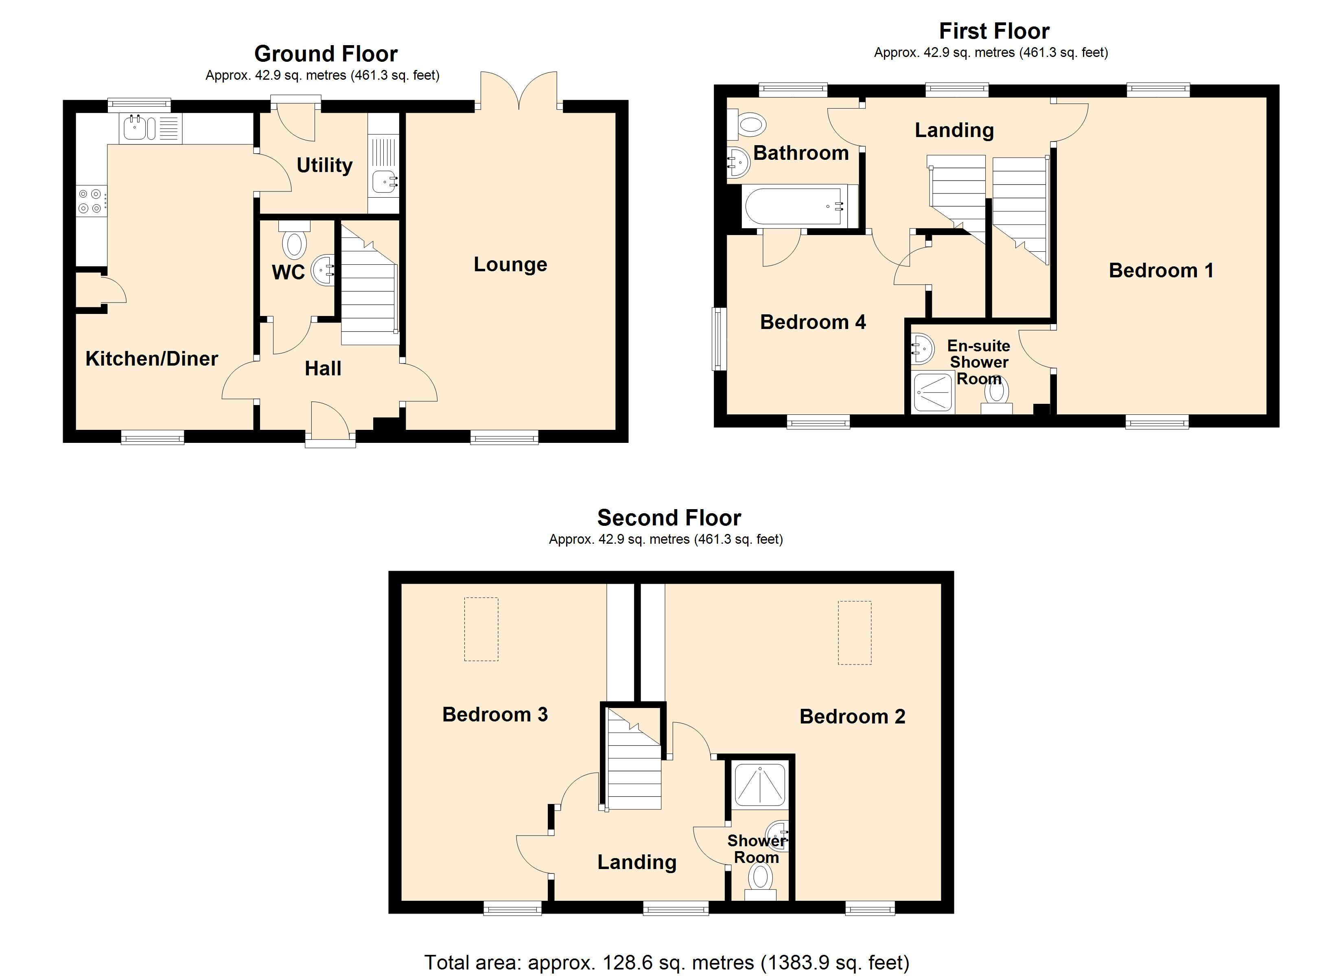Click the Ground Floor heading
(326, 54)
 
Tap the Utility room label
(324, 165)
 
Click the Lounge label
(510, 265)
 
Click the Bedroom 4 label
(812, 322)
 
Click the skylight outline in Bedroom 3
(481, 629)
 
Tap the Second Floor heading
(669, 518)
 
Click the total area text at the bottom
(666, 962)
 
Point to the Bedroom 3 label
(494, 715)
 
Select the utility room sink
(385, 182)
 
